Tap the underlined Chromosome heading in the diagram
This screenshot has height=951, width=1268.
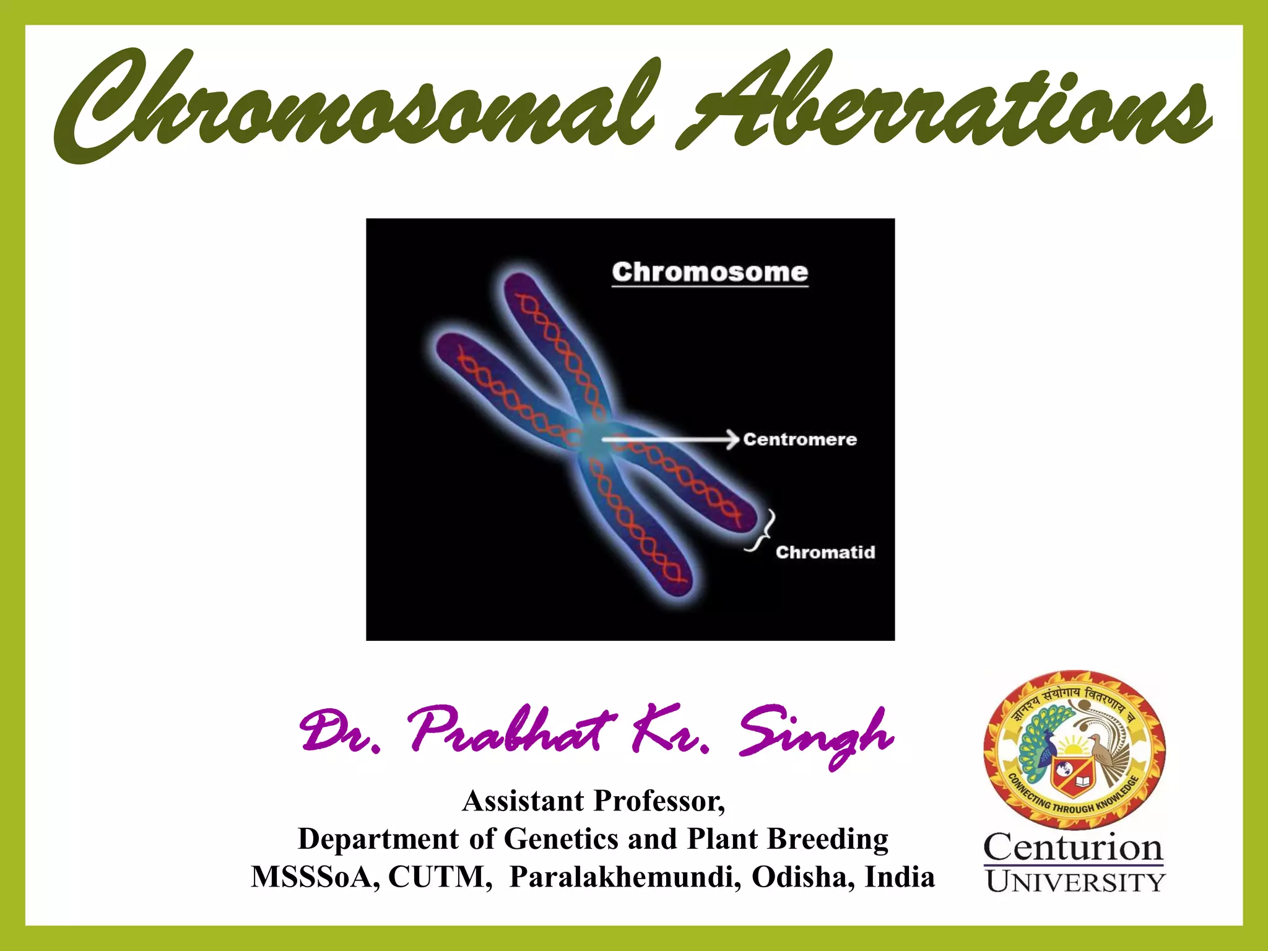(710, 272)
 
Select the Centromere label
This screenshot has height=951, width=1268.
(800, 440)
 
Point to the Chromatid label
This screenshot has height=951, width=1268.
(825, 552)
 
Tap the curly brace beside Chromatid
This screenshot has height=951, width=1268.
(763, 531)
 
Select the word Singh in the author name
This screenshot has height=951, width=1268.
(816, 734)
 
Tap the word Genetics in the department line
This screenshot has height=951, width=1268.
(561, 840)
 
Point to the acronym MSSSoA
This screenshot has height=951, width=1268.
(315, 877)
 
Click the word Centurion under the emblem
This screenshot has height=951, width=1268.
(1073, 847)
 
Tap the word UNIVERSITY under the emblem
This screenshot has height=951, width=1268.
(1075, 882)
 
